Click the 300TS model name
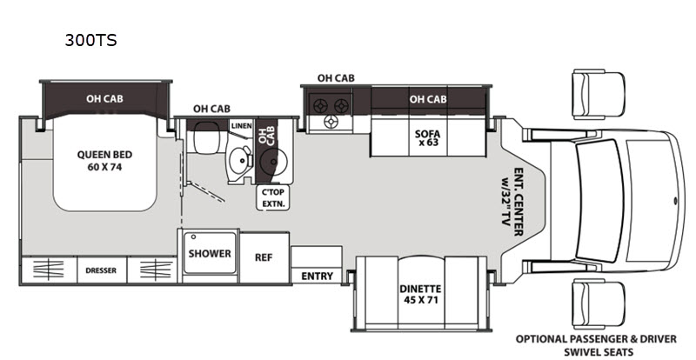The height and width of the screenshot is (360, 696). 91,40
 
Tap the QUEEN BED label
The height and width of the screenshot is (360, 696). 104,155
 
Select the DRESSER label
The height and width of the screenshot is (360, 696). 101,270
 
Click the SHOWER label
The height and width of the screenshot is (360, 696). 210,253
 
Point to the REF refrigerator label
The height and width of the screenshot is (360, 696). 264,257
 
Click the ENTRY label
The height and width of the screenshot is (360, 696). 317,277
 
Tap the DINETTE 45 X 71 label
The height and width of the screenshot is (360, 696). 420,294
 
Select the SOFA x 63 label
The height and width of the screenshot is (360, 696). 427,137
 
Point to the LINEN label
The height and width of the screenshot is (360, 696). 242,125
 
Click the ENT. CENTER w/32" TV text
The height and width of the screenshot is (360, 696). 512,202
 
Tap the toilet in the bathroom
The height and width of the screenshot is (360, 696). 206,137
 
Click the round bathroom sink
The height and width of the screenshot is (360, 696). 240,159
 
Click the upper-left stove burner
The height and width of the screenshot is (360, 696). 320,105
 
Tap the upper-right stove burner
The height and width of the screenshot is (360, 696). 341,105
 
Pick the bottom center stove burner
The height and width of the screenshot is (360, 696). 331,122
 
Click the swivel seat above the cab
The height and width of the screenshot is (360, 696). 599,94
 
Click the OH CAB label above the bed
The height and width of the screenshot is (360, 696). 104,98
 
